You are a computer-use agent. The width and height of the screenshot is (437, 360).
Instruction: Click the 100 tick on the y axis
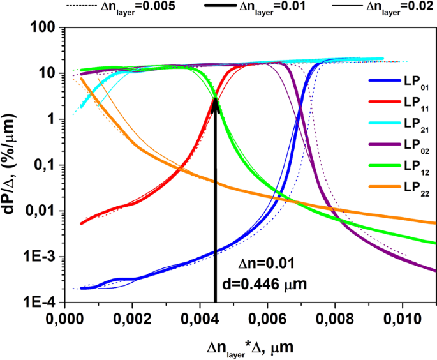[x=43, y=28]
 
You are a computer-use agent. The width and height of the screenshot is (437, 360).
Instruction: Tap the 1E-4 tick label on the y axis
[x=40, y=303]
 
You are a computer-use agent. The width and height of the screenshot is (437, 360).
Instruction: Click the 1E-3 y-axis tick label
[x=40, y=257]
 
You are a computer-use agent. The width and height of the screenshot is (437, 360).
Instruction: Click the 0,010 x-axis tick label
[x=403, y=317]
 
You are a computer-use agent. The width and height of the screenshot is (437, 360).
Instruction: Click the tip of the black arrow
[x=215, y=96]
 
